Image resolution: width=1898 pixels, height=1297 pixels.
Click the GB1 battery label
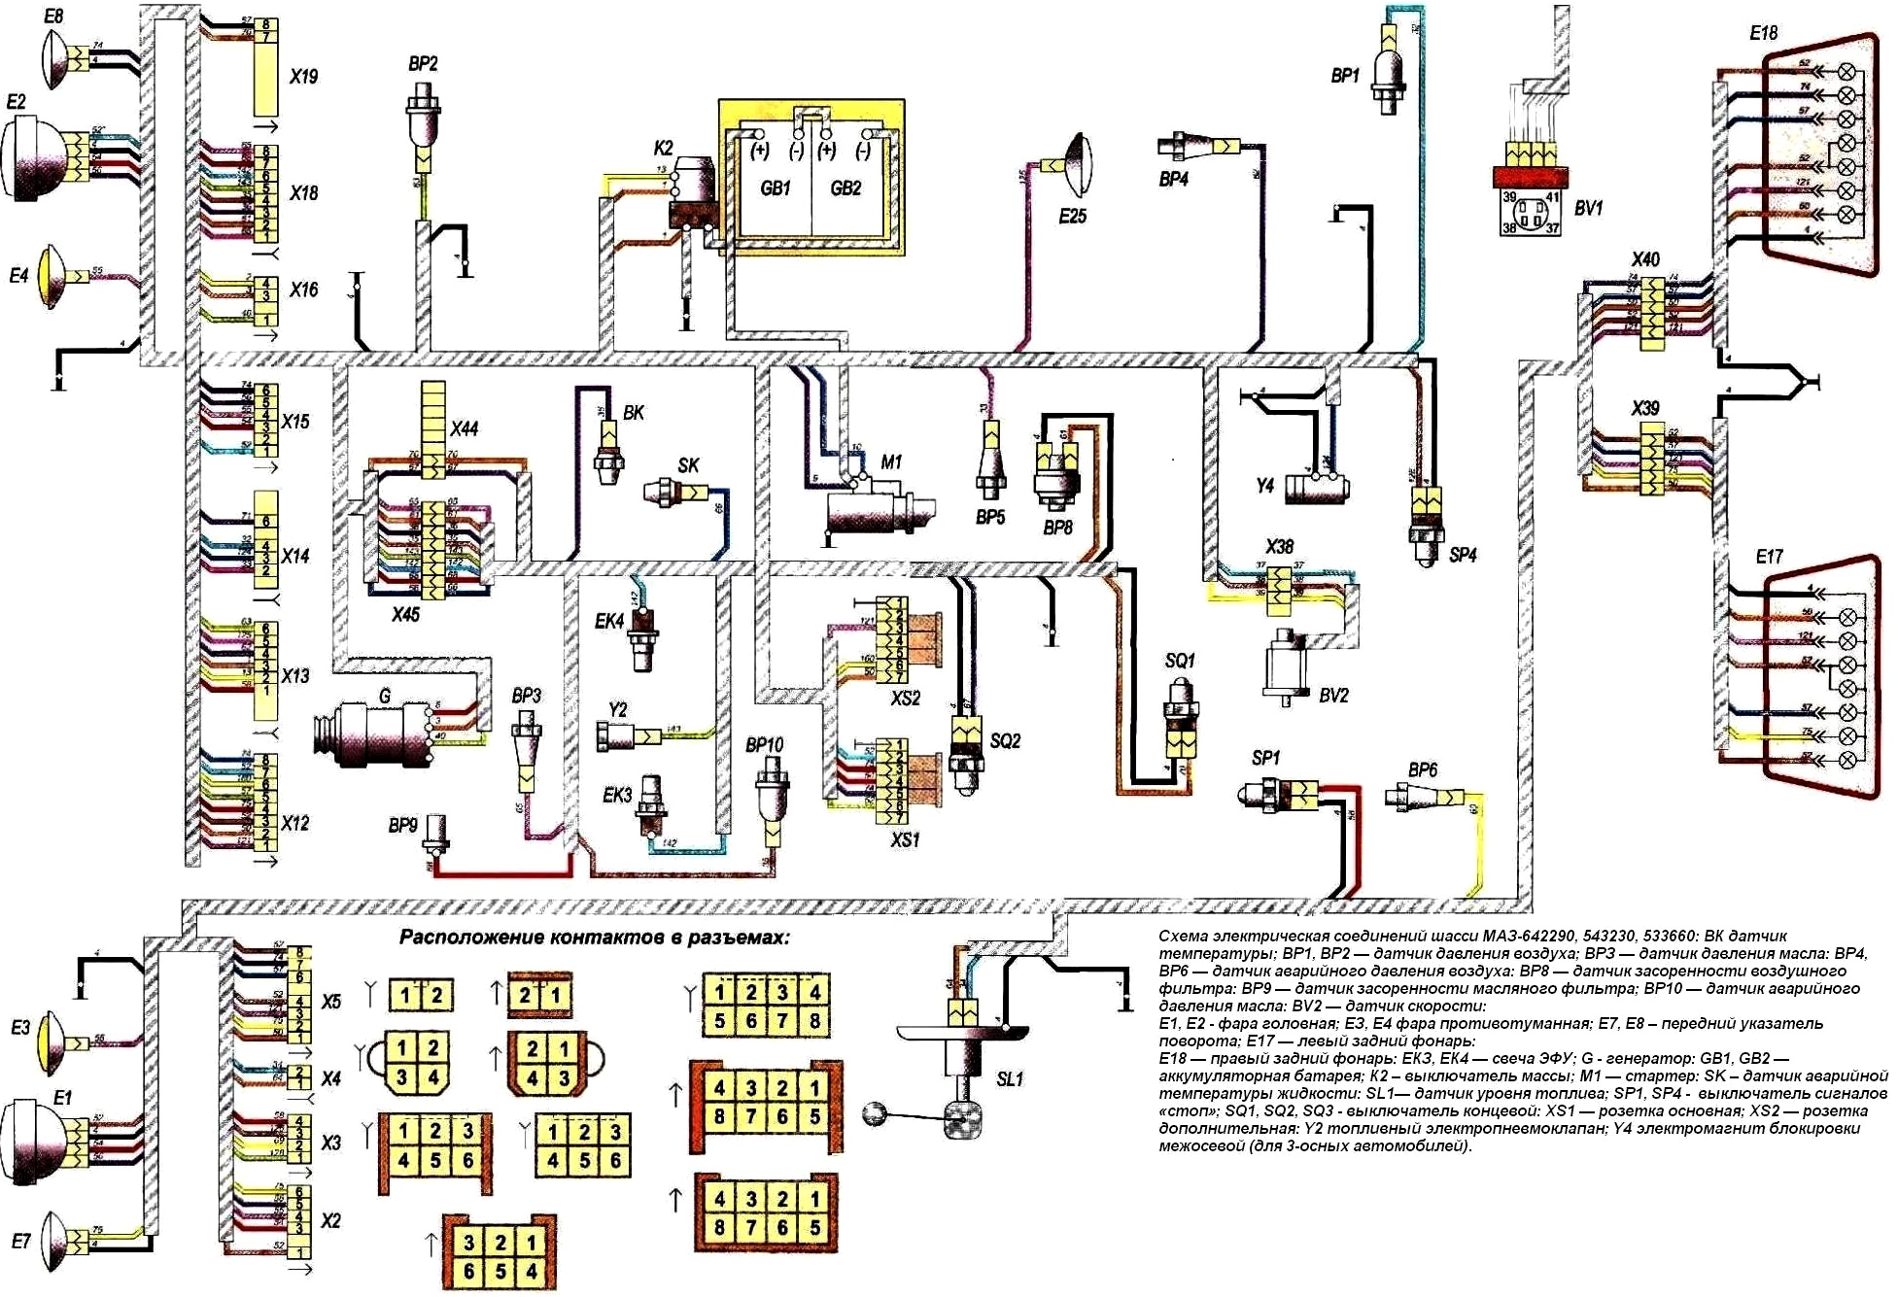tap(775, 188)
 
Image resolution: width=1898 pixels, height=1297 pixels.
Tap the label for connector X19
tap(303, 77)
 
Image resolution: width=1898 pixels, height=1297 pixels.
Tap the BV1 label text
tap(1588, 208)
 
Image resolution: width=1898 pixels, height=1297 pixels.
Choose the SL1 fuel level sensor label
tap(1010, 1079)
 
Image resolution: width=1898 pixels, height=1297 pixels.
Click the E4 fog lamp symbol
tap(53, 276)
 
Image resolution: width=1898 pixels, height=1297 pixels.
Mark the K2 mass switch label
tap(663, 149)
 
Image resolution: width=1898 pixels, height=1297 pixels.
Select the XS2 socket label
tap(905, 698)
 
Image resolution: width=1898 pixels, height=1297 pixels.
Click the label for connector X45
tap(405, 614)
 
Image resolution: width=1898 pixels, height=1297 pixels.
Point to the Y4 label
tap(1264, 485)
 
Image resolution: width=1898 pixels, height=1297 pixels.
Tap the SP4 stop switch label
tap(1462, 555)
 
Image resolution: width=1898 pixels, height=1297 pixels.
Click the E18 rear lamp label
tap(1763, 34)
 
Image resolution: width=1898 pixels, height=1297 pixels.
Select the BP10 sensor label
tap(764, 745)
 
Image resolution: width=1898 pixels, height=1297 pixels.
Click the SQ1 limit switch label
tap(1179, 661)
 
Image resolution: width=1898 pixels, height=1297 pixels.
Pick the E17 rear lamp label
tap(1769, 557)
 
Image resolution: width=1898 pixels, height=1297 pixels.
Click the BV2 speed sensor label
tap(1333, 696)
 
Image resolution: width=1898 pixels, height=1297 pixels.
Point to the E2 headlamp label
tap(16, 102)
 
